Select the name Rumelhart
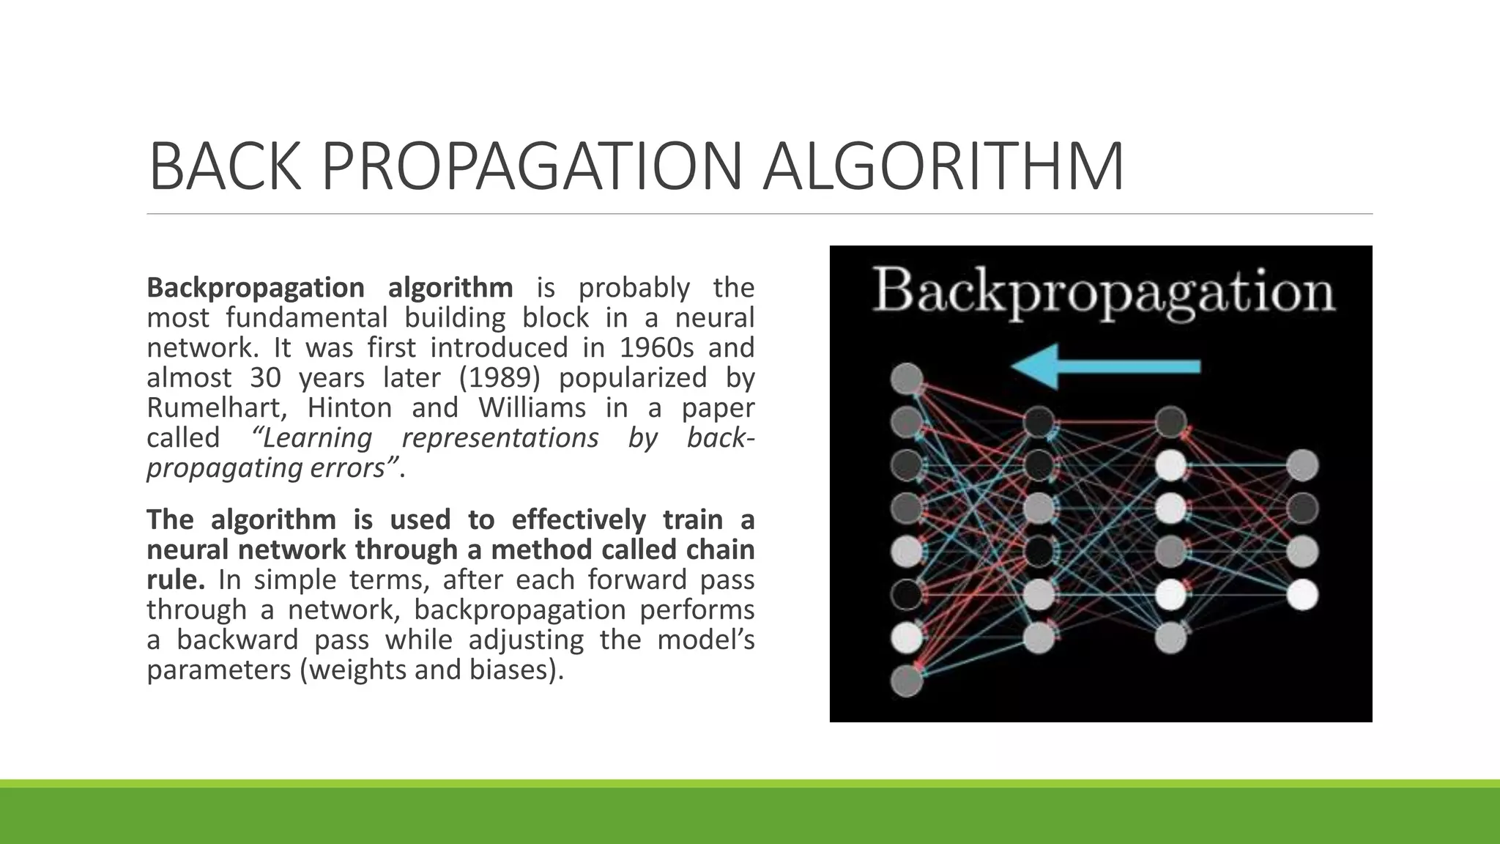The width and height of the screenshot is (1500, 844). [x=213, y=407]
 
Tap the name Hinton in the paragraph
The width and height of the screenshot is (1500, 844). [x=350, y=407]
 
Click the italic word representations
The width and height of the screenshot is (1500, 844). [x=500, y=437]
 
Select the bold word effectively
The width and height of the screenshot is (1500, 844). [x=579, y=519]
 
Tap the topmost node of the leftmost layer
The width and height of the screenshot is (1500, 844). [x=907, y=379]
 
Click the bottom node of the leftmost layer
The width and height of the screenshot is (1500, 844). [x=907, y=681]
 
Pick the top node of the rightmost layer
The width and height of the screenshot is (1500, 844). [x=1302, y=465]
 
